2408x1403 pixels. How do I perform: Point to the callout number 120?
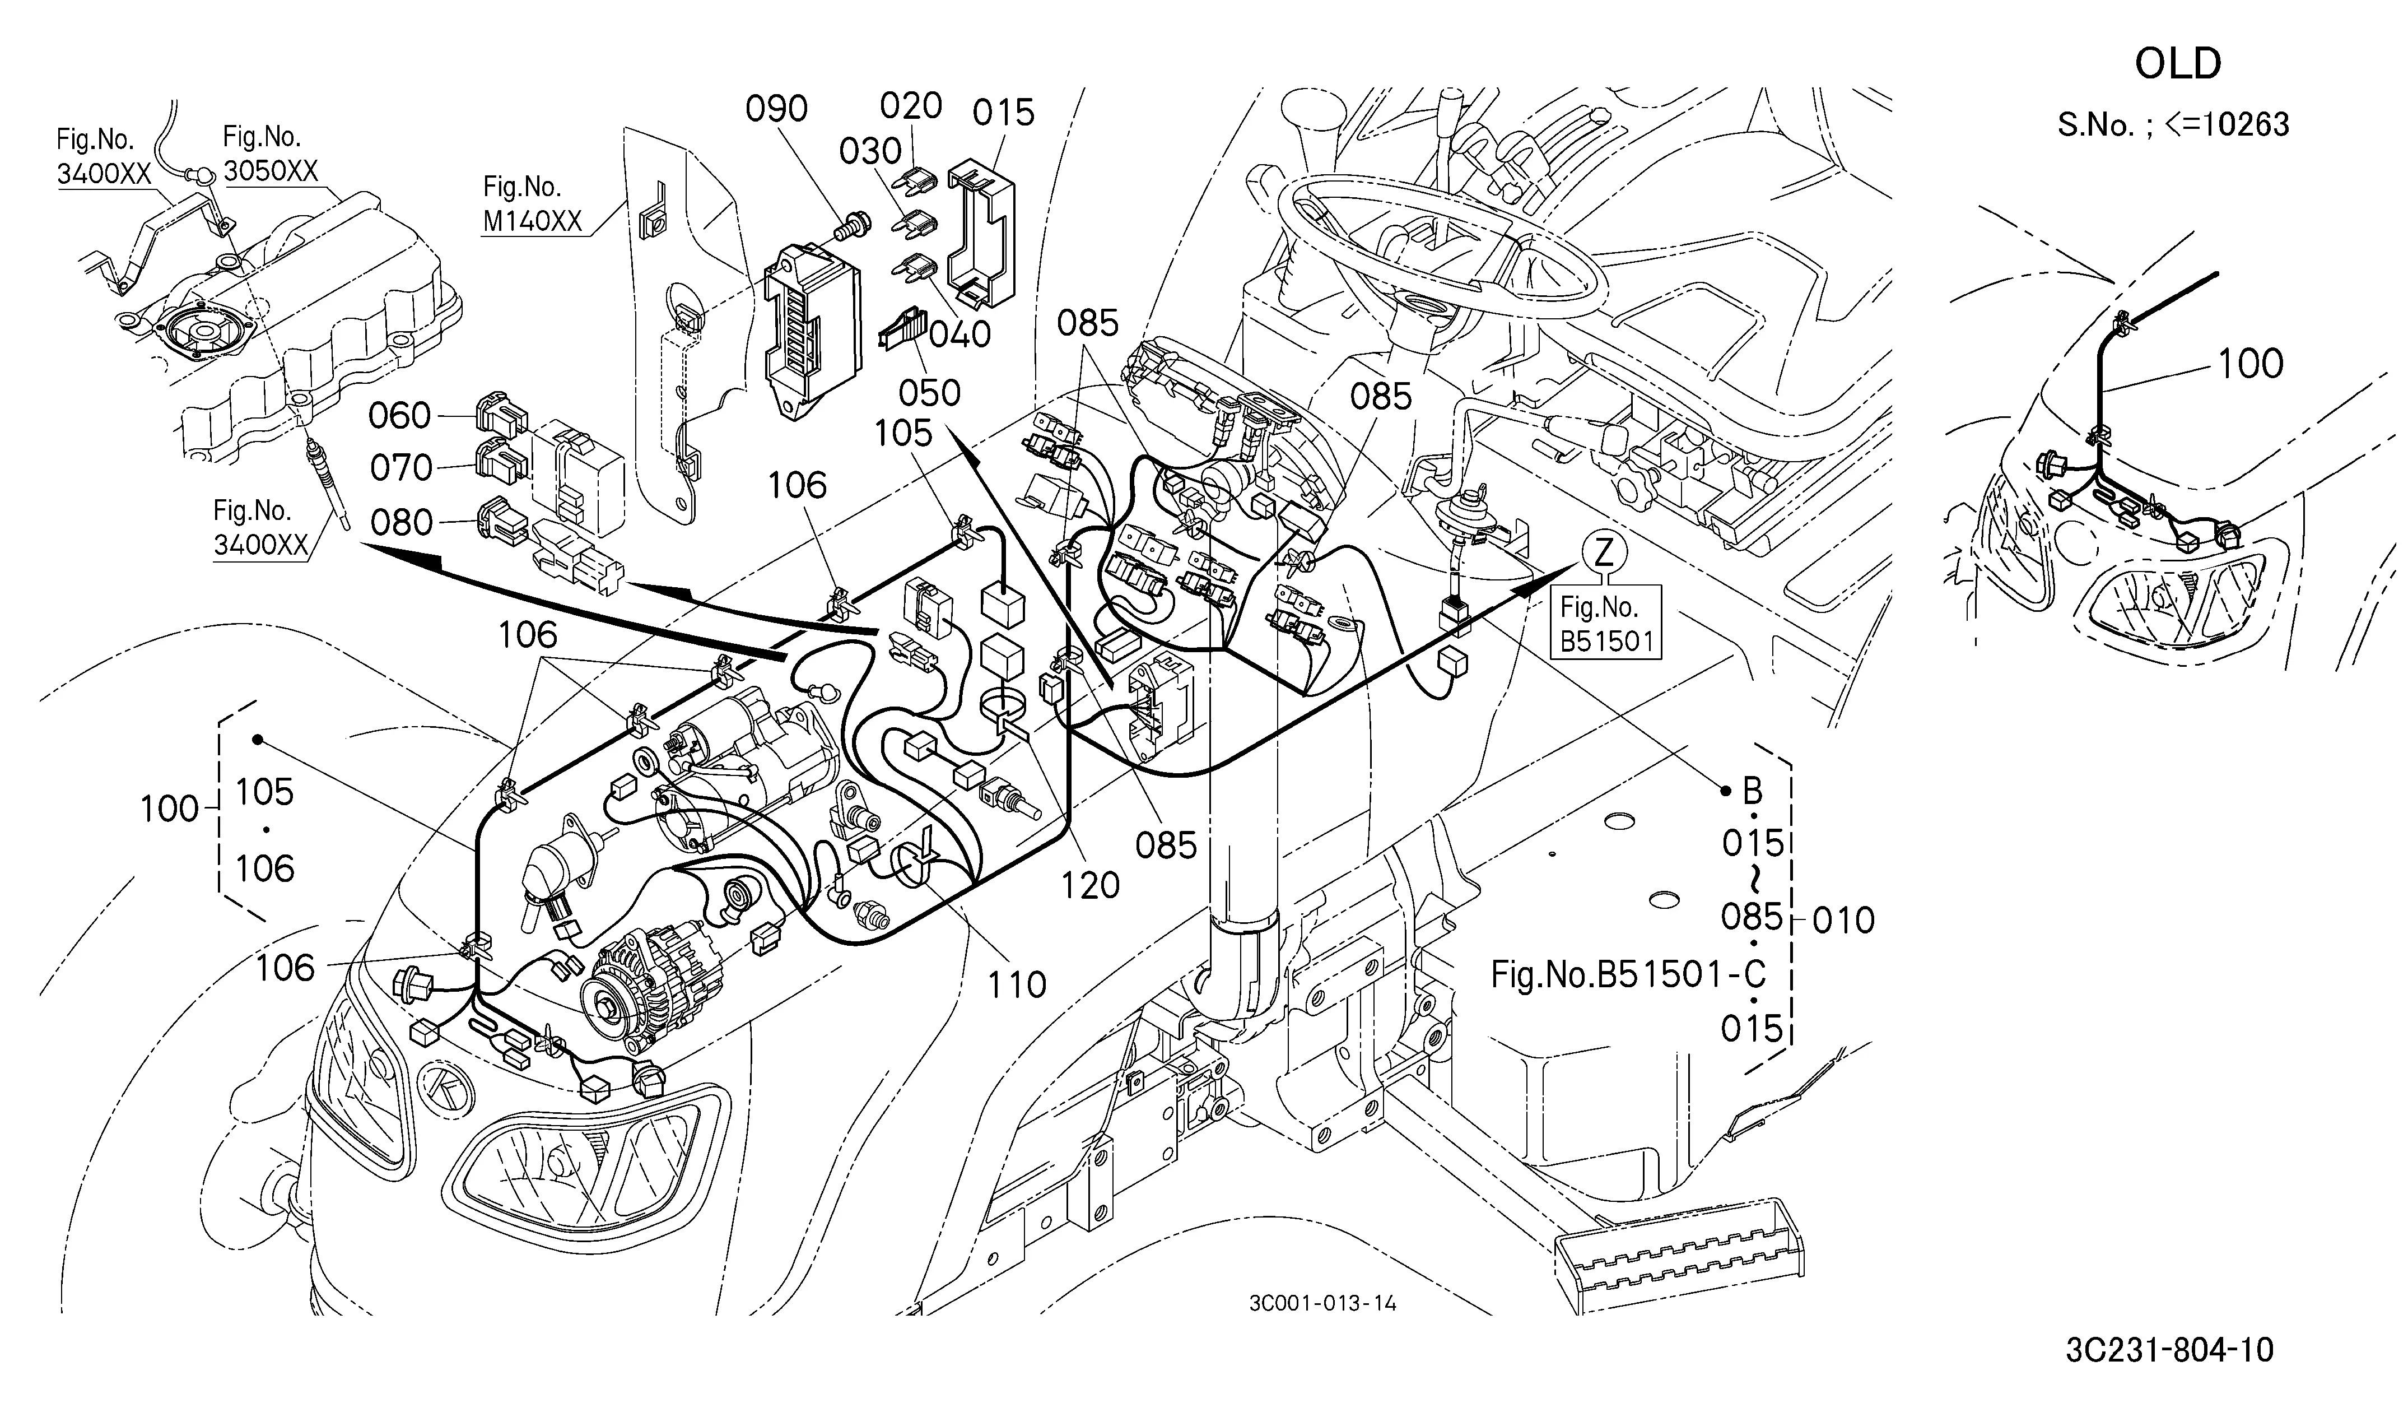tap(1089, 886)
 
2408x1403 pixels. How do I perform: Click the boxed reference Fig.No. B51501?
tap(1606, 623)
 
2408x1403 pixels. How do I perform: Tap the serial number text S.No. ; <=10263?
tap(2173, 124)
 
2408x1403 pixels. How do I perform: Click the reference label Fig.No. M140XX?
tap(532, 203)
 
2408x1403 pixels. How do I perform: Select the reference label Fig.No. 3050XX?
tap(271, 154)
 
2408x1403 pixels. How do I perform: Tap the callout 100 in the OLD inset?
tap(2251, 364)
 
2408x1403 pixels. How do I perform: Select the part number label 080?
tap(401, 523)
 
